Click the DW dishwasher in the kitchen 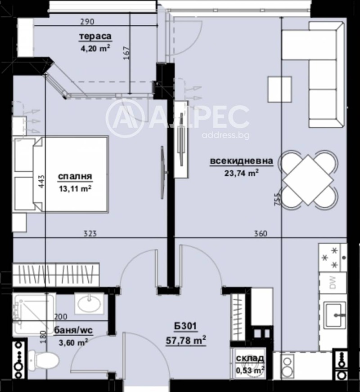point(333,282)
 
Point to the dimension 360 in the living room point(261,233)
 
